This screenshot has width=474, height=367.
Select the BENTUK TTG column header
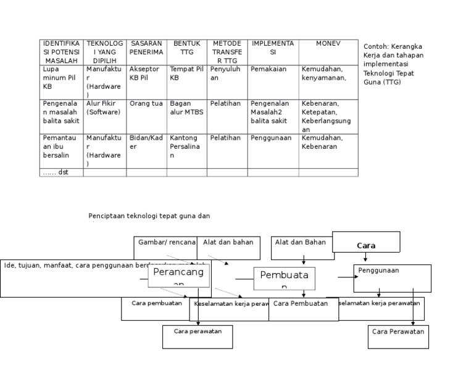(x=186, y=52)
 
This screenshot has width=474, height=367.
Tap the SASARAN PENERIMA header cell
(x=146, y=52)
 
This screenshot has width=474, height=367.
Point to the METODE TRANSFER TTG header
(x=227, y=52)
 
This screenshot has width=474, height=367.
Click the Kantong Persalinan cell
(x=186, y=146)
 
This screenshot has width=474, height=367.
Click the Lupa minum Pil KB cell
(x=60, y=78)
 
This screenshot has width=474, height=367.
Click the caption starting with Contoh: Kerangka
(x=394, y=64)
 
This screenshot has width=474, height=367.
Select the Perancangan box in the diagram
(x=178, y=276)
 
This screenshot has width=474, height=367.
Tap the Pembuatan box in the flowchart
(x=284, y=279)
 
